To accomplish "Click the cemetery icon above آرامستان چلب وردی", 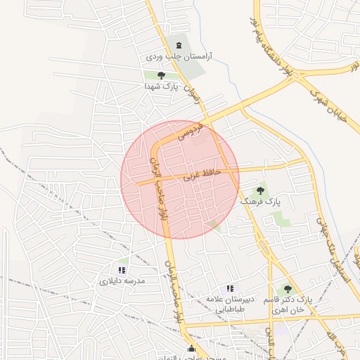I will [179, 44].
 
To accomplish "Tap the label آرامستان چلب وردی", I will [179, 56].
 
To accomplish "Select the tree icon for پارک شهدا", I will [161, 75].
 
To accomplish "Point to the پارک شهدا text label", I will [161, 86].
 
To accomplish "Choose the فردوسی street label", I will [191, 130].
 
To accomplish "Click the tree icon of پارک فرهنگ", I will [260, 190].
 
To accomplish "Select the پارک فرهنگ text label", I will [259, 201].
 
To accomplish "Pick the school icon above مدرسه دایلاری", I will [122, 269].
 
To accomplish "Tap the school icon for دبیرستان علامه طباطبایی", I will [229, 288].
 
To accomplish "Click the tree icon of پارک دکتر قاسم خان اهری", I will [286, 288].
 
